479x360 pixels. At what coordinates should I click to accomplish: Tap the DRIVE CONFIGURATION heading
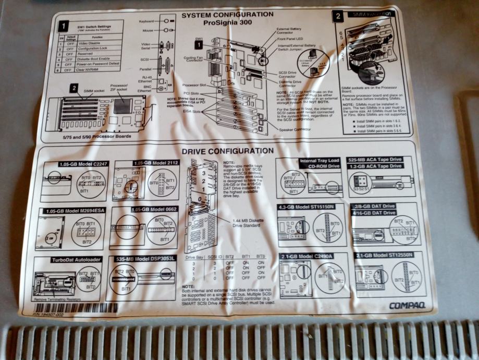(227, 151)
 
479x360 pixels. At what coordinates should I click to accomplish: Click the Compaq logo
(407, 306)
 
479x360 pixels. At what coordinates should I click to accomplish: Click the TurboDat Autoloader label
(69, 260)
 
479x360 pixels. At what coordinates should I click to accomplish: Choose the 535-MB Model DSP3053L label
(146, 259)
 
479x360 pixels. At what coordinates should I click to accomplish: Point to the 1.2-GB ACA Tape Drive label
(382, 166)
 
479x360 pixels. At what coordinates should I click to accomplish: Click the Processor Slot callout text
(194, 85)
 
